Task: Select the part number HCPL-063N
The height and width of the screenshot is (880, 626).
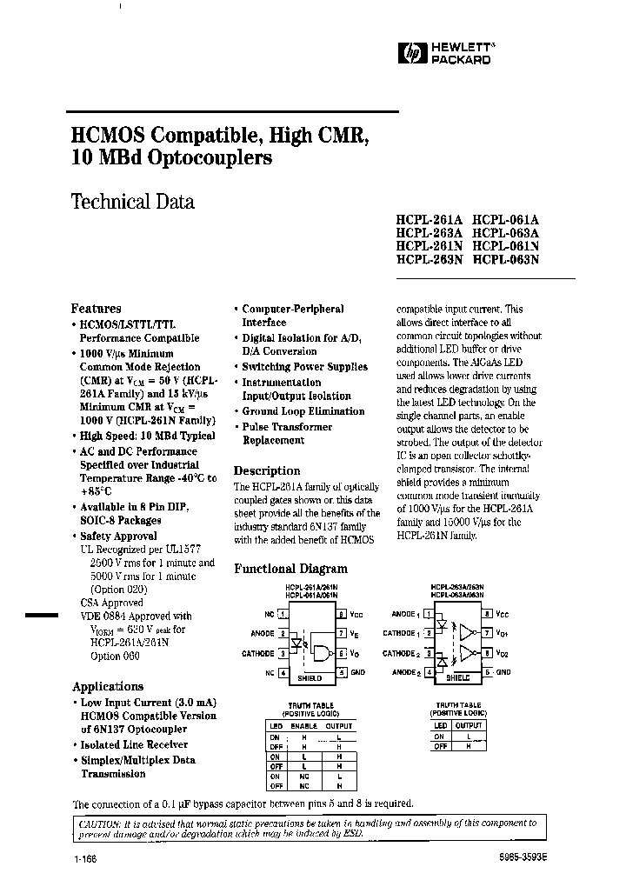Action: tap(506, 258)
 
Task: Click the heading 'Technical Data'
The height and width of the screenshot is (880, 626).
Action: tap(132, 202)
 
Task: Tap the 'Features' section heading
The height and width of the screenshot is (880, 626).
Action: tap(96, 308)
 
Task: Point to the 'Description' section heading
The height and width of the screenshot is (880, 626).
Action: tap(268, 470)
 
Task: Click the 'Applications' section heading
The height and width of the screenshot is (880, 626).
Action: tap(108, 686)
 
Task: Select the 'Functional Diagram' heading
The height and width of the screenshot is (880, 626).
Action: tap(291, 569)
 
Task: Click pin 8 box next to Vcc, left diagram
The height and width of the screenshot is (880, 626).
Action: tap(342, 614)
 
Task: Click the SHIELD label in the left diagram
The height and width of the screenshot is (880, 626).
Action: tap(310, 677)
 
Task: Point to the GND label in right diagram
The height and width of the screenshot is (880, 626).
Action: tap(503, 672)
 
